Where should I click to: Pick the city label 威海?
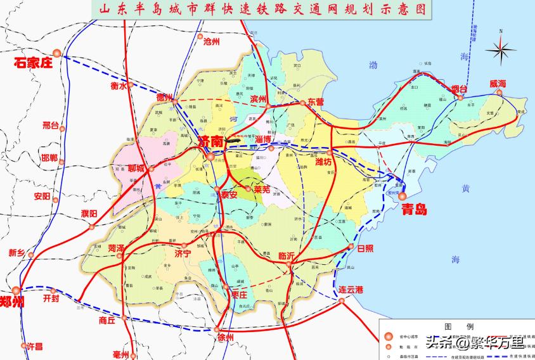pyautogui.click(x=498, y=84)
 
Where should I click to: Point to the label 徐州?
pyautogui.click(x=224, y=337)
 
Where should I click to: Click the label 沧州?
pyautogui.click(x=211, y=41)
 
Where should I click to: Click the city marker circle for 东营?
pyautogui.click(x=302, y=102)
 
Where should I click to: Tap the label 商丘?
pyautogui.click(x=107, y=321)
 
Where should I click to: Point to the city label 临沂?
pyautogui.click(x=287, y=255)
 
